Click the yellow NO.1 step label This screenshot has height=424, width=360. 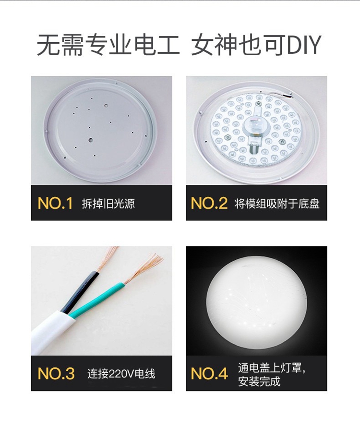[x=55, y=203]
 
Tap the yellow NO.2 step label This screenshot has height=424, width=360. [x=209, y=203]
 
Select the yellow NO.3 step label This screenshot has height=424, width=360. [x=56, y=374]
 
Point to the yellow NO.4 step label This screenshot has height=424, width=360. [x=209, y=374]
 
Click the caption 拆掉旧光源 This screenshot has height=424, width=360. [x=108, y=204]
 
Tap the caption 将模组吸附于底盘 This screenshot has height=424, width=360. [x=277, y=204]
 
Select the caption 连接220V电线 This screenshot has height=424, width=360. [x=121, y=374]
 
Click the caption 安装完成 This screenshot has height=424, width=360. [x=259, y=381]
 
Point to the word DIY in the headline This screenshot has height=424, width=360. [x=304, y=45]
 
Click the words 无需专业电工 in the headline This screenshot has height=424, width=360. [x=108, y=45]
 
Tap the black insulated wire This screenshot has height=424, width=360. [x=80, y=292]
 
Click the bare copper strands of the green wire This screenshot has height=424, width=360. [x=143, y=268]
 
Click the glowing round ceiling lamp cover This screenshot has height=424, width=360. [x=257, y=301]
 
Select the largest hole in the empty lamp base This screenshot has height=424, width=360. [x=90, y=140]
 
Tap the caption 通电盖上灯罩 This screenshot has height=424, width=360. [x=272, y=368]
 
